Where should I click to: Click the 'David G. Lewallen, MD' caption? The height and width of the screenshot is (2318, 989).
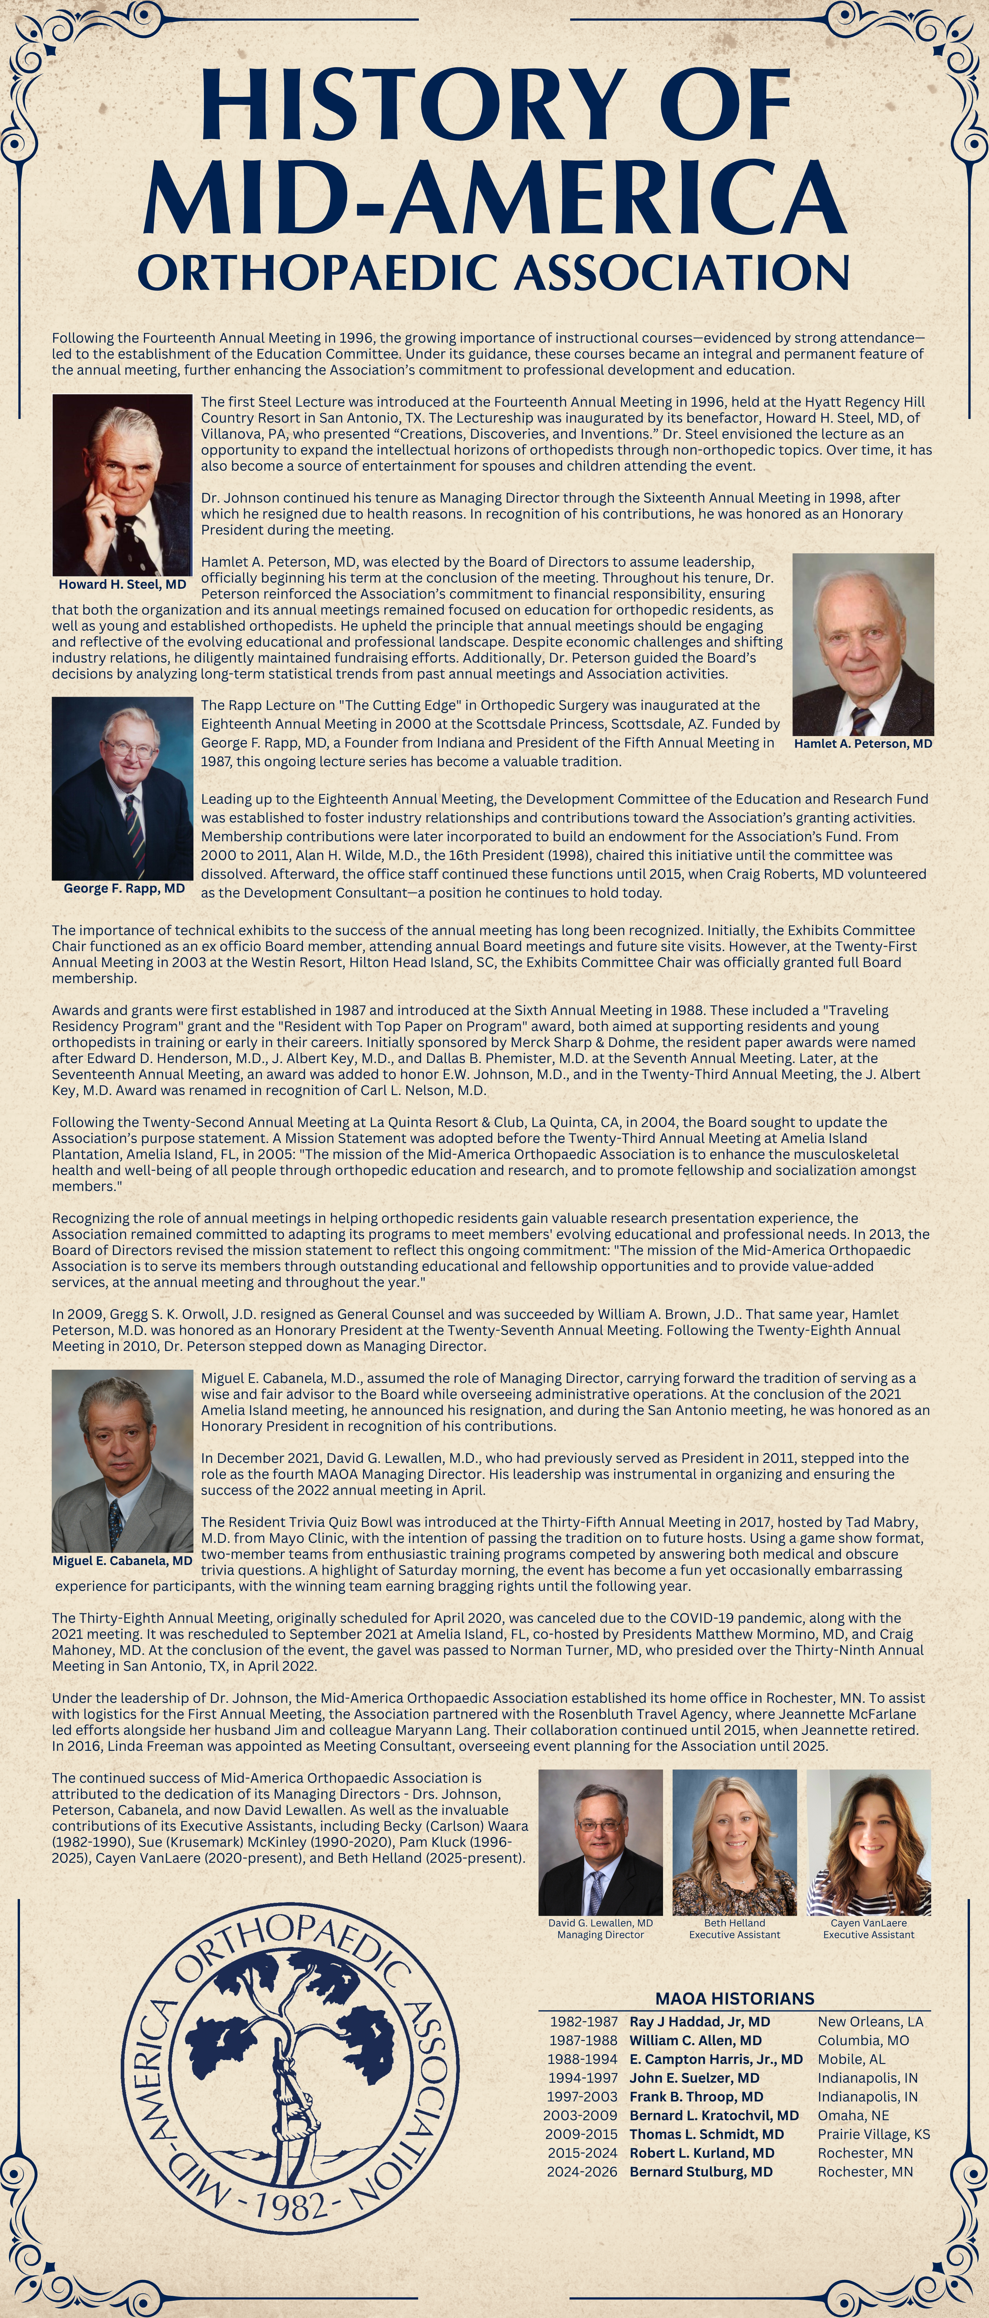[600, 1923]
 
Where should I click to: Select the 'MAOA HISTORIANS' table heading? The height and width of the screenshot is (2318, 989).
[734, 1998]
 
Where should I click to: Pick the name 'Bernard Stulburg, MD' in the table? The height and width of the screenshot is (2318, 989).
[701, 2171]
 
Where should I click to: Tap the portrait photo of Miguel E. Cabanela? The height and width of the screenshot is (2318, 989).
[122, 1460]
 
